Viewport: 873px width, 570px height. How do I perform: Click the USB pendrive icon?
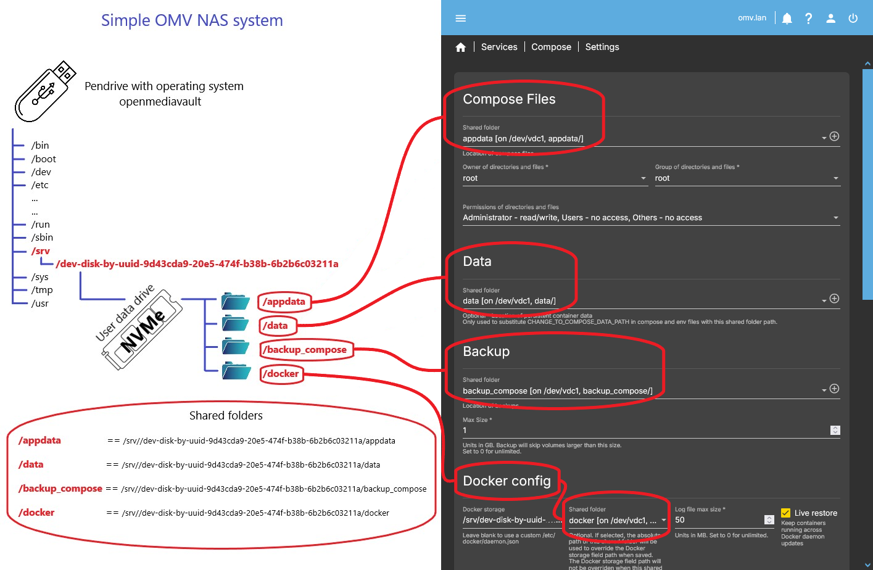tap(45, 91)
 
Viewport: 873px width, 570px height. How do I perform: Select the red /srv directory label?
tap(41, 251)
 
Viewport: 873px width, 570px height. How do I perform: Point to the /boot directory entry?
tap(43, 159)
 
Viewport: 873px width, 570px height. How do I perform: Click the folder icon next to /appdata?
tap(235, 302)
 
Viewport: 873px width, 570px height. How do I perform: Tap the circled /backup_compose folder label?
tap(306, 350)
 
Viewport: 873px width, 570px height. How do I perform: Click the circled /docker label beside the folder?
tap(282, 374)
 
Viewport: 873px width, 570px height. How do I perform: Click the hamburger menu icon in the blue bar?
tap(460, 18)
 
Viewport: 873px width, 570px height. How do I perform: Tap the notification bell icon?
tap(787, 19)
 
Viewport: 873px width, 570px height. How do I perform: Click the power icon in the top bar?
tap(853, 18)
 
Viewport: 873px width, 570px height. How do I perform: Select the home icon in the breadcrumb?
tap(460, 47)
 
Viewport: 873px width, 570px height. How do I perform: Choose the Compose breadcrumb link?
tap(551, 47)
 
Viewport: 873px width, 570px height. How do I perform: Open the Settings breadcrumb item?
tap(602, 47)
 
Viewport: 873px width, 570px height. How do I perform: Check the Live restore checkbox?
tap(785, 513)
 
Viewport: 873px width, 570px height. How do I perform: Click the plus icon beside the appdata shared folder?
tap(834, 136)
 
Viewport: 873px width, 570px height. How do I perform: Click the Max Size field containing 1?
tap(642, 431)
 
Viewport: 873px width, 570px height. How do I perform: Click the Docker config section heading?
tap(507, 481)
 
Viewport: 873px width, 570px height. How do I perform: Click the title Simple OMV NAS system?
tap(192, 20)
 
